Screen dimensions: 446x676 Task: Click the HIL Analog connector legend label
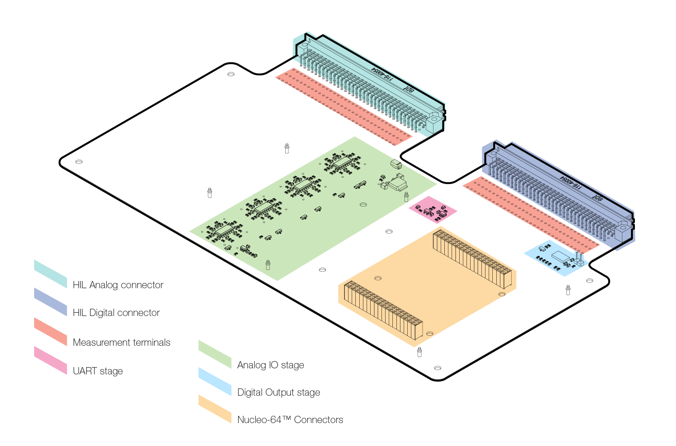[118, 285]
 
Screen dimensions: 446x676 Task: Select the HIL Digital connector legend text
[116, 313]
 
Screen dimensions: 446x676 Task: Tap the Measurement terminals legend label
[121, 343]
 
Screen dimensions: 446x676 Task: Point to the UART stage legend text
[97, 371]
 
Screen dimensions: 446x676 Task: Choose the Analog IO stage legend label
[270, 365]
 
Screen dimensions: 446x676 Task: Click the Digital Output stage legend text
[278, 392]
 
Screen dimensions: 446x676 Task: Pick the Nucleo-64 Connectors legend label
[290, 420]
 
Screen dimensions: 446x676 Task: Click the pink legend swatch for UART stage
[50, 360]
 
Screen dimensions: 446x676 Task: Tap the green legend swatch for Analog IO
[215, 354]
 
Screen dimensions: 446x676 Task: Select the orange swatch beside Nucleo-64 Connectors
[215, 409]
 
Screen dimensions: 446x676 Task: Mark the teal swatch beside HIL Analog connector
[50, 274]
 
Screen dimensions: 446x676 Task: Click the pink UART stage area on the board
[433, 210]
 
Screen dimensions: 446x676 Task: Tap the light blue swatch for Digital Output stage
[215, 382]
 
